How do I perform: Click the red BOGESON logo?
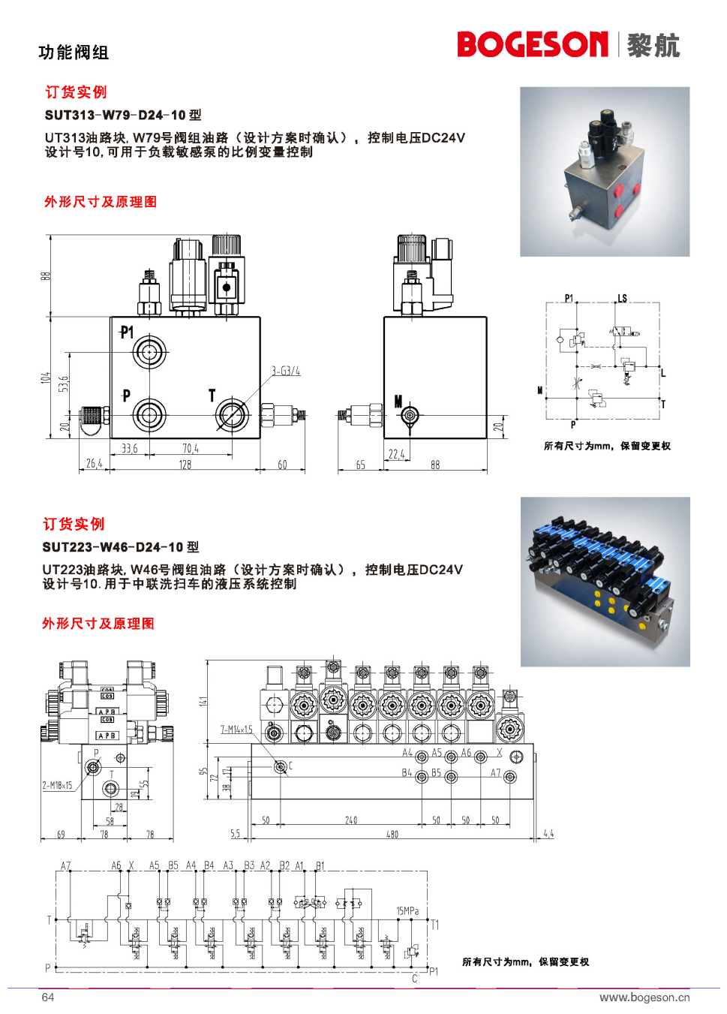(532, 44)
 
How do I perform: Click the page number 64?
(48, 997)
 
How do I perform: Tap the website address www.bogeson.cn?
(644, 997)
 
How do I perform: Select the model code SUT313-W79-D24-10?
(115, 115)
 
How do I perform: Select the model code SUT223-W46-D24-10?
(113, 547)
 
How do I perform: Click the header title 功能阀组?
(74, 53)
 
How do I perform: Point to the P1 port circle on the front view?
(149, 351)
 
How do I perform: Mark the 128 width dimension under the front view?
(185, 465)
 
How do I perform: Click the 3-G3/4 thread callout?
(286, 371)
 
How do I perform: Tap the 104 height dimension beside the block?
(46, 378)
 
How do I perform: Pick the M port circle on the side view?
(409, 415)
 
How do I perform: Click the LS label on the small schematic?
(622, 298)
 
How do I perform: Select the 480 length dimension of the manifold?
(392, 834)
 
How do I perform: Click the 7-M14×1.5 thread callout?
(236, 729)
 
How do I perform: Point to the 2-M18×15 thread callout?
(57, 785)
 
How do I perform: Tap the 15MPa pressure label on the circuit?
(407, 911)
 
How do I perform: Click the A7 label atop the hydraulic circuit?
(66, 865)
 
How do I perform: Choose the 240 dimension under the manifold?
(351, 820)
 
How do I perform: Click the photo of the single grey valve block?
(605, 171)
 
